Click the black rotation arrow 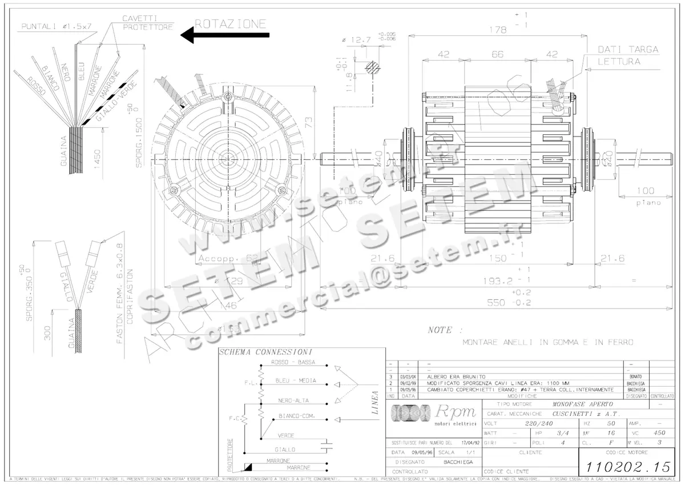[x=224, y=35]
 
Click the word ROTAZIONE [x=231, y=23]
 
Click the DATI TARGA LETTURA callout [x=627, y=55]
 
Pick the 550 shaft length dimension [x=490, y=302]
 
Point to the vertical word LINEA [x=375, y=403]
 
